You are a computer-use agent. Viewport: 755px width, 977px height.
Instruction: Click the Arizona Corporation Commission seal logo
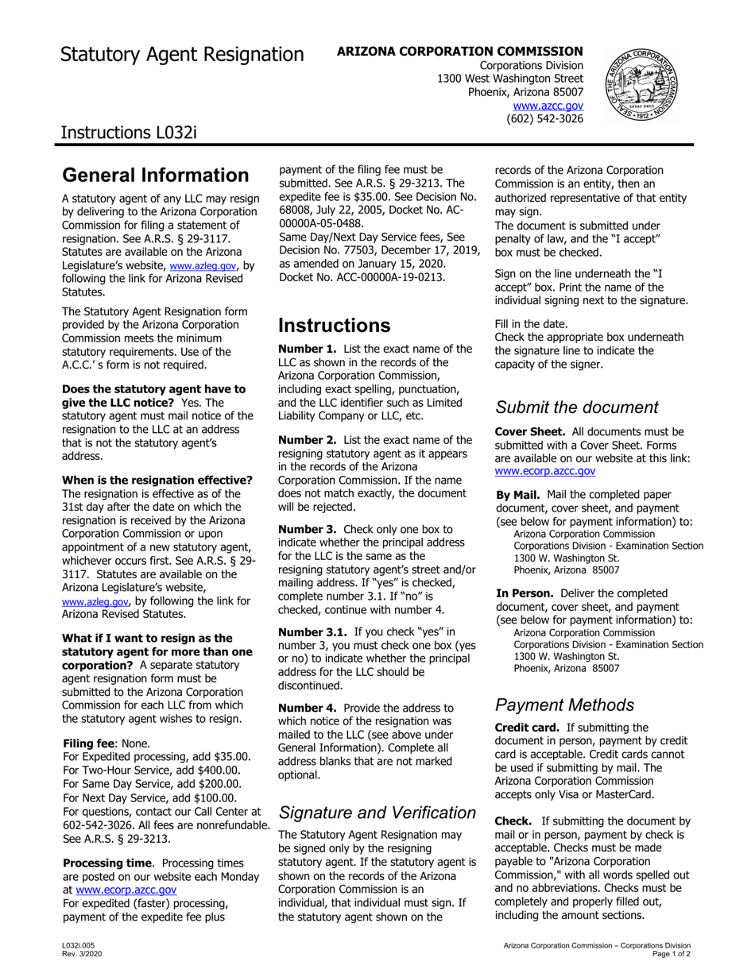(x=644, y=83)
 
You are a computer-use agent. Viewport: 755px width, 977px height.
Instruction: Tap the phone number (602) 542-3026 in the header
(x=544, y=118)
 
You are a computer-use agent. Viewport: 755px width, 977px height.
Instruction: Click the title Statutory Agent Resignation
(x=182, y=54)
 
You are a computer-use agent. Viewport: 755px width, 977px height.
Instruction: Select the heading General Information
(x=156, y=175)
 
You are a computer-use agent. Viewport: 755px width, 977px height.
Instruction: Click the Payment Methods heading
(x=564, y=705)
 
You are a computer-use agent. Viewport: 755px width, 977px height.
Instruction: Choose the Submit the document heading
(x=577, y=407)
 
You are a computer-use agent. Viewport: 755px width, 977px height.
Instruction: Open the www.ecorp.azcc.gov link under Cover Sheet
(x=545, y=471)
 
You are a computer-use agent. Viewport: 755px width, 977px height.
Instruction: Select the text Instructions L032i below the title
(x=129, y=131)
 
